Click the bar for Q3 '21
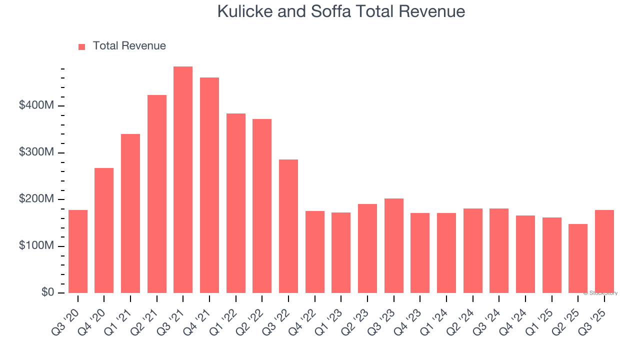click(x=183, y=180)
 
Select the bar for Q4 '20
click(x=104, y=230)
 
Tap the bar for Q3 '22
click(x=288, y=226)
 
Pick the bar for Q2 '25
click(x=578, y=258)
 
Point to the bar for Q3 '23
click(x=394, y=245)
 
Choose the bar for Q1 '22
click(x=236, y=203)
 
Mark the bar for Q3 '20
click(x=78, y=251)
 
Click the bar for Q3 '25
click(x=604, y=251)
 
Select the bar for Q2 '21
click(x=157, y=194)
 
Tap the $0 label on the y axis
click(x=48, y=292)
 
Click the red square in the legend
click(x=82, y=46)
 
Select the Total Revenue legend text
click(x=129, y=46)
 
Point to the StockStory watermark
click(x=601, y=293)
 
